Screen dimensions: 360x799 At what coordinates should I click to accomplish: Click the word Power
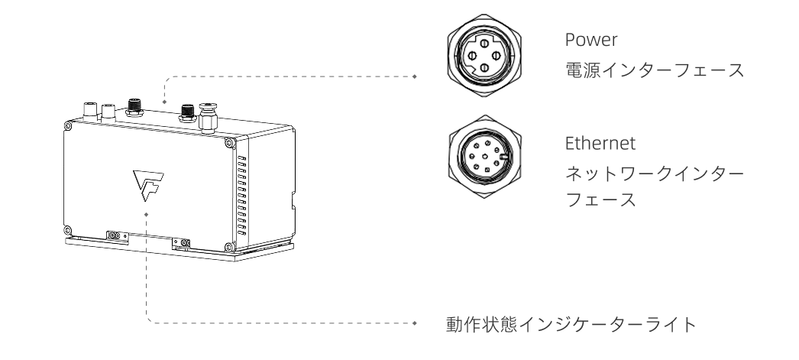click(x=583, y=40)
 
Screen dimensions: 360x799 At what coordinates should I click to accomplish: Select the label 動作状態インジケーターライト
click(x=570, y=324)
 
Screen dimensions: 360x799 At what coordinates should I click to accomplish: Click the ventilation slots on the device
click(x=243, y=196)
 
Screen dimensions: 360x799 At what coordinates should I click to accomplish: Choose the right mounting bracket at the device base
click(x=182, y=243)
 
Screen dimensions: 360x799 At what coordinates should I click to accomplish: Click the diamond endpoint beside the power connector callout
click(x=414, y=76)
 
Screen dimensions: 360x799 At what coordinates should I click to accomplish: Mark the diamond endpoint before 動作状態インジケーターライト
click(x=415, y=324)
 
